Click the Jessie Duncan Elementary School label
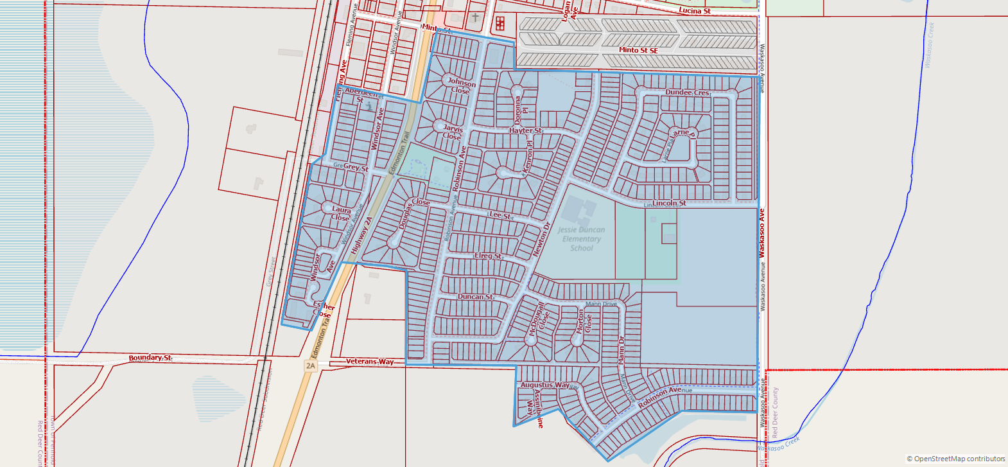pos(581,239)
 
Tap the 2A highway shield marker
pos(311,366)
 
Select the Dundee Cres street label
pos(687,93)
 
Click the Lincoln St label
pos(669,203)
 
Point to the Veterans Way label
pos(370,362)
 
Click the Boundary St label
pos(150,358)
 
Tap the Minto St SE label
pos(638,50)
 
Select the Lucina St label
pos(695,11)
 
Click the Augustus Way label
pos(545,385)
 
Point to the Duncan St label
pos(475,297)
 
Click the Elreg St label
pos(488,256)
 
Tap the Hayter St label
pos(526,130)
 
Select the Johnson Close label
pos(462,86)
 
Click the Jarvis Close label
pos(453,132)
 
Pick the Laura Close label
pos(341,213)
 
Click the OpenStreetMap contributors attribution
pos(955,459)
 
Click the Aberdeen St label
pos(361,94)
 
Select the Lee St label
pos(500,215)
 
